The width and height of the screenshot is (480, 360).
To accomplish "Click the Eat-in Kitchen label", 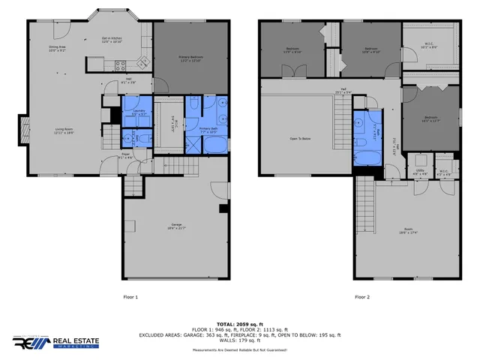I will click(112, 40).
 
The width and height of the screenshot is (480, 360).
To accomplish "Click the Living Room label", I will click(63, 131).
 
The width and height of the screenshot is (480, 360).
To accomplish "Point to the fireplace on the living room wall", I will click(24, 132).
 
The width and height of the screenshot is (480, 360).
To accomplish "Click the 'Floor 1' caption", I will click(131, 297).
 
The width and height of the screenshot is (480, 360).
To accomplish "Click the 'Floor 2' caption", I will click(363, 297).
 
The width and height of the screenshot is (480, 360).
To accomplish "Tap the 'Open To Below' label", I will click(300, 139).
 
